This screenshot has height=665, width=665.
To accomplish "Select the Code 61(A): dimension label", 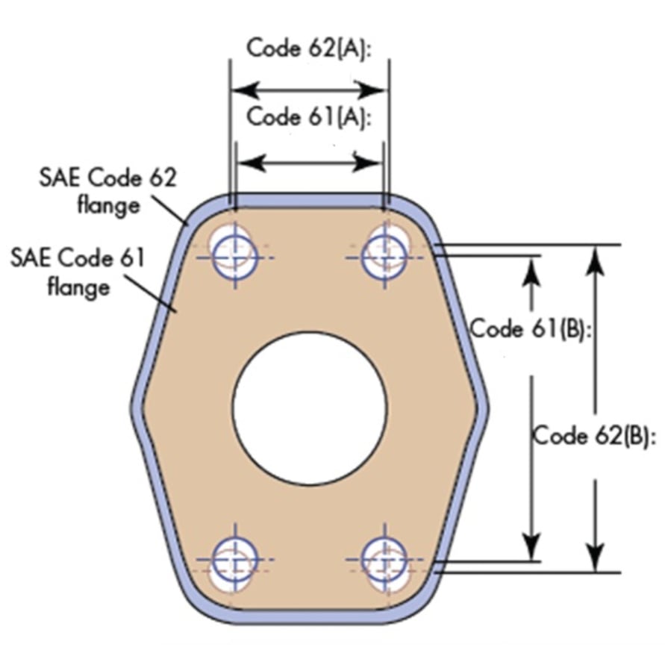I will coord(309,118).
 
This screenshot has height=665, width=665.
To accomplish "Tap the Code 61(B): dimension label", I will coord(531,328).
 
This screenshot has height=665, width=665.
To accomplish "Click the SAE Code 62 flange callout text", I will coord(108,190).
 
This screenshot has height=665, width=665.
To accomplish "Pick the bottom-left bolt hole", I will coord(234,559).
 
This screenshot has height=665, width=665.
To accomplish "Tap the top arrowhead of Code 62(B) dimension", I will coord(595,257).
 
